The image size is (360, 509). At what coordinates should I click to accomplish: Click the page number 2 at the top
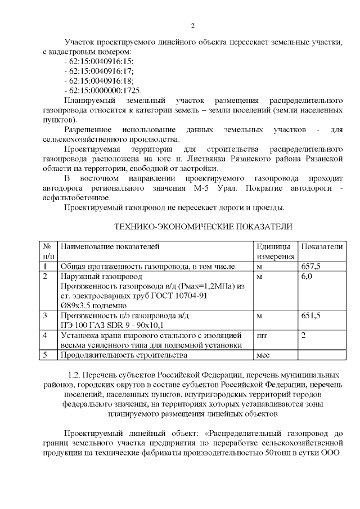[x=192, y=26]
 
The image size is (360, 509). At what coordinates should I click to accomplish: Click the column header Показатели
[x=322, y=247]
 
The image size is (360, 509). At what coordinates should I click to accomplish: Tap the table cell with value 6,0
[x=307, y=277]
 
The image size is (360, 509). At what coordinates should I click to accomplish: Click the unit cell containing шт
[x=261, y=335]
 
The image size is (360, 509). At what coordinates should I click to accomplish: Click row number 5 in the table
[x=45, y=355]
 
